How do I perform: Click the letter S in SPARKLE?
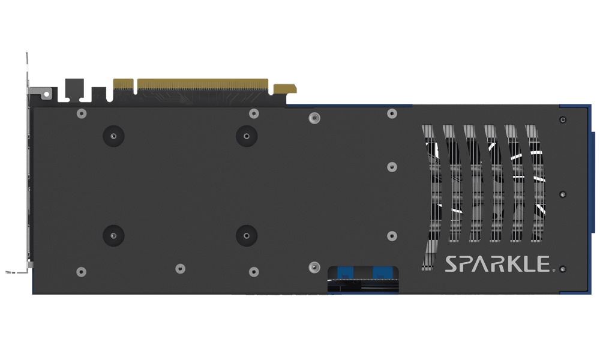click(451, 264)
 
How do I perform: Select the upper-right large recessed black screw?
click(246, 136)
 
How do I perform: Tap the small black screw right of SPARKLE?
click(563, 269)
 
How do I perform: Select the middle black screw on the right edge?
click(563, 195)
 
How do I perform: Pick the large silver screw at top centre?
click(313, 118)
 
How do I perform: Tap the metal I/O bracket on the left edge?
click(28, 180)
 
